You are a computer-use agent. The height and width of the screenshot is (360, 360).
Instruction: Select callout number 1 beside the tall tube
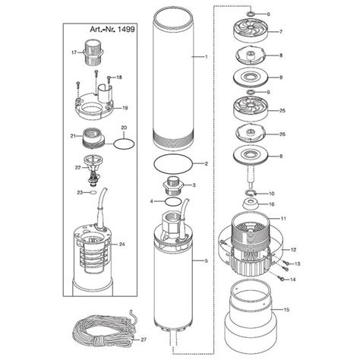coord(204,58)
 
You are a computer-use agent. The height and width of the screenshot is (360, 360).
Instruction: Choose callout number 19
coord(125,109)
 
